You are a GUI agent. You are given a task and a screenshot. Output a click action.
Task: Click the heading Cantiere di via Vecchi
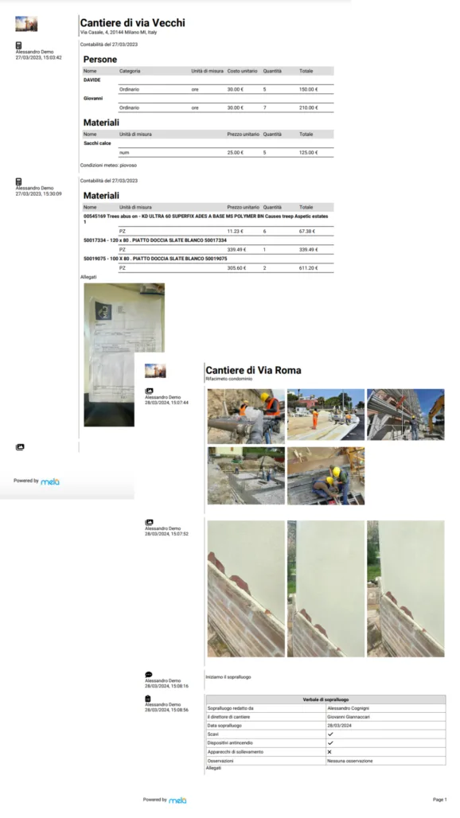click(x=132, y=23)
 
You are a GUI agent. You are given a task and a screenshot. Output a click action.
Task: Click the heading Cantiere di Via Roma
click(x=253, y=370)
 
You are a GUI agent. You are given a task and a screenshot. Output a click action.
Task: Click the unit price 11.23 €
click(x=236, y=231)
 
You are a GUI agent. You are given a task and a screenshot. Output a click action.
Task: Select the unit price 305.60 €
click(x=236, y=268)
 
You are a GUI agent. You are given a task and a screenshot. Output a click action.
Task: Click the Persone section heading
click(x=100, y=60)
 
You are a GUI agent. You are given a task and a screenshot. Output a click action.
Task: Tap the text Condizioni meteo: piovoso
click(x=109, y=166)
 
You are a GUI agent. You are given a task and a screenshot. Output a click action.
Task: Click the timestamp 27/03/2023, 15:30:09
click(x=38, y=193)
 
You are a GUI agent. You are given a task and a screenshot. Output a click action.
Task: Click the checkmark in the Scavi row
click(x=330, y=734)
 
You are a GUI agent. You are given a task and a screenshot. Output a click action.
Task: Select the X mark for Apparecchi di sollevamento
click(x=329, y=751)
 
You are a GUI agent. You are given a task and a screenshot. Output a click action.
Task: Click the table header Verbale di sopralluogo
click(x=325, y=699)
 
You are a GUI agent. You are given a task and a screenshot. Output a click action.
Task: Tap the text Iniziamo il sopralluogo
click(x=228, y=677)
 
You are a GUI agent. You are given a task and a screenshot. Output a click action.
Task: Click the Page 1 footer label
click(x=439, y=799)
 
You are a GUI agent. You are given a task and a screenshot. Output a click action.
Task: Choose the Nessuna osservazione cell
click(x=349, y=761)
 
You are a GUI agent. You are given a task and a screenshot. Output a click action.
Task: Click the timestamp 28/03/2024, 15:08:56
click(x=166, y=710)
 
